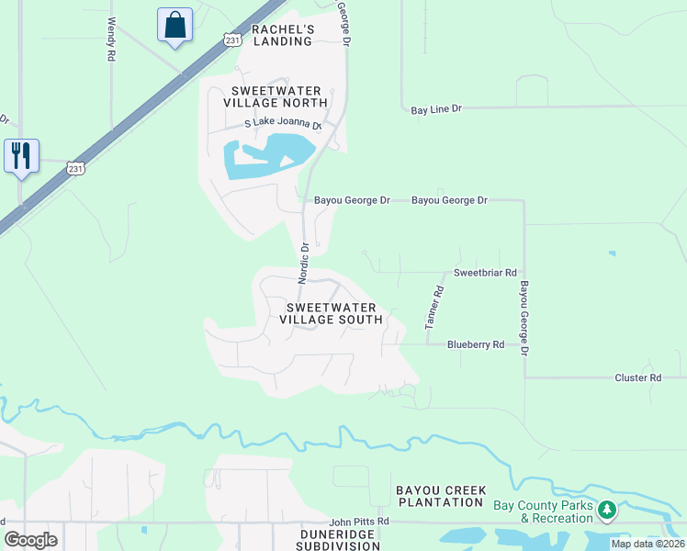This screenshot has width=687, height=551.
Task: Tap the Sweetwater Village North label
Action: point(276,96)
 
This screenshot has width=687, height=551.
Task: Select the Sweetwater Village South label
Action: point(332,313)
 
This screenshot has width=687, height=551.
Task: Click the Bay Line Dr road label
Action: point(435,110)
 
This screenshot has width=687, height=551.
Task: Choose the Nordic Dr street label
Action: point(303,262)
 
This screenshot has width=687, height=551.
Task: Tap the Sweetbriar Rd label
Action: point(486,274)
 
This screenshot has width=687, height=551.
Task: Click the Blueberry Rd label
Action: point(476,344)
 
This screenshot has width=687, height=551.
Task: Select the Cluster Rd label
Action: point(637,377)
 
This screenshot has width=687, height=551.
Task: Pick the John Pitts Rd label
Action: point(360,522)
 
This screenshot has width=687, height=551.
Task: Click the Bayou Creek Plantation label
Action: point(441,497)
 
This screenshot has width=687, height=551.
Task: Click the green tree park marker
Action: point(606,509)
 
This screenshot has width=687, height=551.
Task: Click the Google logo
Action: point(30,539)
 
